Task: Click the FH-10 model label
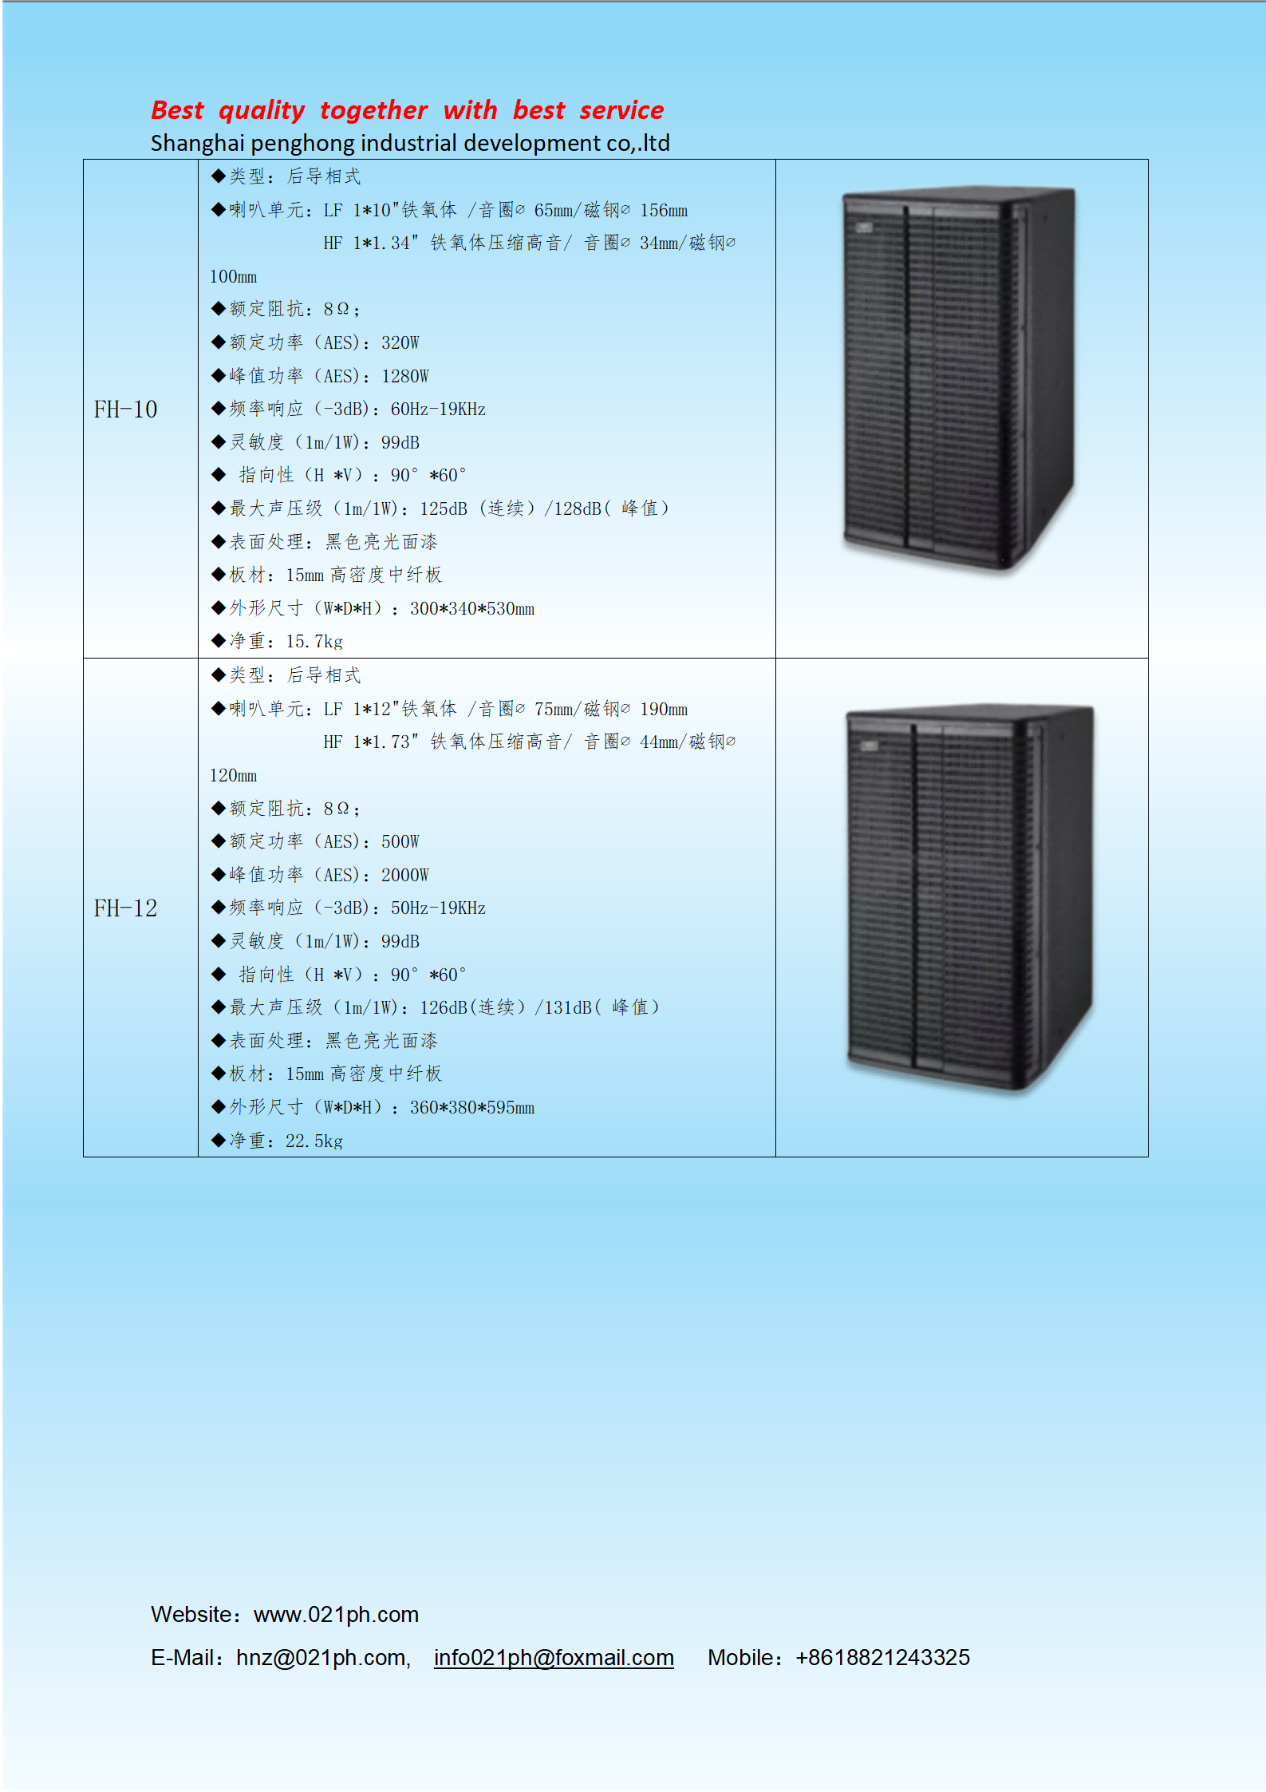pyautogui.click(x=125, y=409)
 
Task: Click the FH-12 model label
pyautogui.click(x=125, y=908)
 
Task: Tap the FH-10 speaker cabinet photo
pyautogui.click(x=959, y=380)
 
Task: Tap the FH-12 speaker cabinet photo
pyautogui.click(x=970, y=899)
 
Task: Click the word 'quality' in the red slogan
pyautogui.click(x=262, y=110)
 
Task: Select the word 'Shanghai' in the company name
pyautogui.click(x=197, y=144)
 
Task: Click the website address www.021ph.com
pyautogui.click(x=336, y=1615)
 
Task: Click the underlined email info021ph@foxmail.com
pyautogui.click(x=554, y=1658)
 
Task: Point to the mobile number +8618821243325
pyautogui.click(x=882, y=1658)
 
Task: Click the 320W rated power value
pyautogui.click(x=400, y=343)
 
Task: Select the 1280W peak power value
pyautogui.click(x=404, y=377)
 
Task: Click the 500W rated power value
pyautogui.click(x=400, y=842)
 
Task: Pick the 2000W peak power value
pyautogui.click(x=404, y=876)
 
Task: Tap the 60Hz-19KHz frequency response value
pyautogui.click(x=438, y=409)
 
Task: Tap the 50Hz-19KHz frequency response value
pyautogui.click(x=438, y=908)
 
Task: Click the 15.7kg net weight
pyautogui.click(x=314, y=642)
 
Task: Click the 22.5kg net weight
pyautogui.click(x=314, y=1141)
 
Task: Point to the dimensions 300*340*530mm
pyautogui.click(x=472, y=609)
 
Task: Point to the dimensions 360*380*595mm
pyautogui.click(x=472, y=1108)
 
